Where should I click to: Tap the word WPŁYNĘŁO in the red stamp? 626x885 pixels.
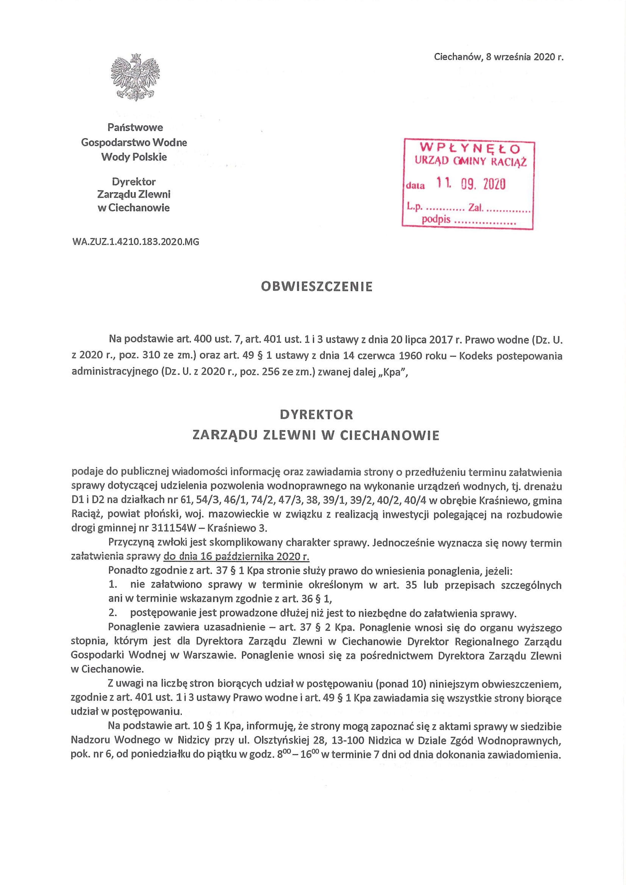point(470,148)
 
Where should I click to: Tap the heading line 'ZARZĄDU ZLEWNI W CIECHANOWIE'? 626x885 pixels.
point(316,435)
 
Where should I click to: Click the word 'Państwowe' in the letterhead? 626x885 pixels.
point(135,127)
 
